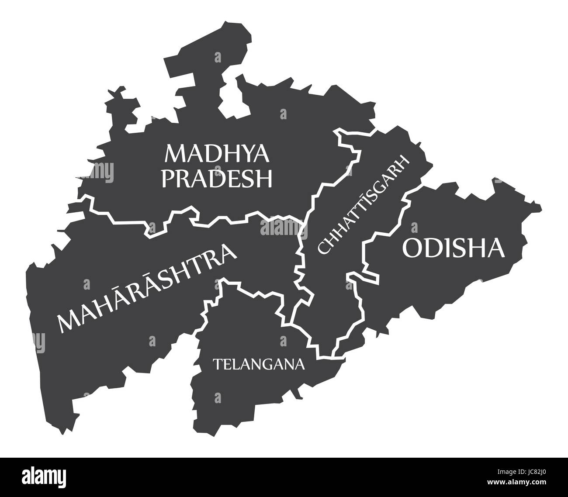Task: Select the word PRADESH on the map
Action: pyautogui.click(x=217, y=178)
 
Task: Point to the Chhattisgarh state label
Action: pyautogui.click(x=364, y=204)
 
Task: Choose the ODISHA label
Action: pyautogui.click(x=453, y=248)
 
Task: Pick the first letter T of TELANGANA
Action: pyautogui.click(x=216, y=363)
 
